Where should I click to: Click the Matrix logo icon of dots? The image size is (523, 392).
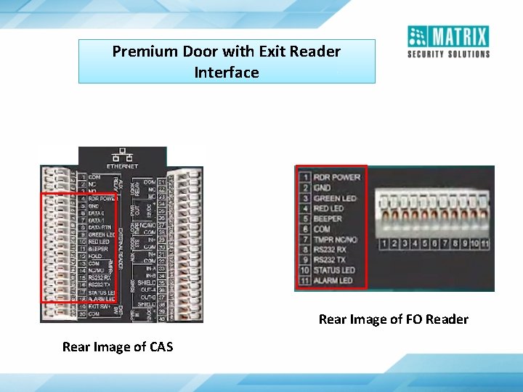(x=417, y=36)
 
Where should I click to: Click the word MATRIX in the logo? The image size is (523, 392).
(x=458, y=36)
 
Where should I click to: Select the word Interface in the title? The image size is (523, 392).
(x=227, y=73)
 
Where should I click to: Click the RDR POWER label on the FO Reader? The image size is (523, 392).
(x=337, y=177)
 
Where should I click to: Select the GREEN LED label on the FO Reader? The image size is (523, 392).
(x=336, y=198)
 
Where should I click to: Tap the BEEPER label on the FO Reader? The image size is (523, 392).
(x=328, y=219)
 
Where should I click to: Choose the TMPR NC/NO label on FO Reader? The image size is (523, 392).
(x=335, y=240)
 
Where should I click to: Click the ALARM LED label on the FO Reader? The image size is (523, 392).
(x=333, y=281)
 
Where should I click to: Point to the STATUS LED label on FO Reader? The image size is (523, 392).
(x=334, y=271)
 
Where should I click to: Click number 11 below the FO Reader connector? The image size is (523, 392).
(x=485, y=244)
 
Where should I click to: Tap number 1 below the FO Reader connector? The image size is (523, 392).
(x=383, y=244)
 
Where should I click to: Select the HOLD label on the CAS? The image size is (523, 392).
(x=95, y=256)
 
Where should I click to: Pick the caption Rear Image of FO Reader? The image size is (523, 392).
(x=394, y=319)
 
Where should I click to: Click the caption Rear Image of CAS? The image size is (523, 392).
(x=118, y=347)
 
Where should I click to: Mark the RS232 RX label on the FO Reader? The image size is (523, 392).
(x=331, y=250)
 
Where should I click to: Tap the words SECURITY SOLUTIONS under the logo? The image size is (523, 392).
(x=448, y=54)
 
